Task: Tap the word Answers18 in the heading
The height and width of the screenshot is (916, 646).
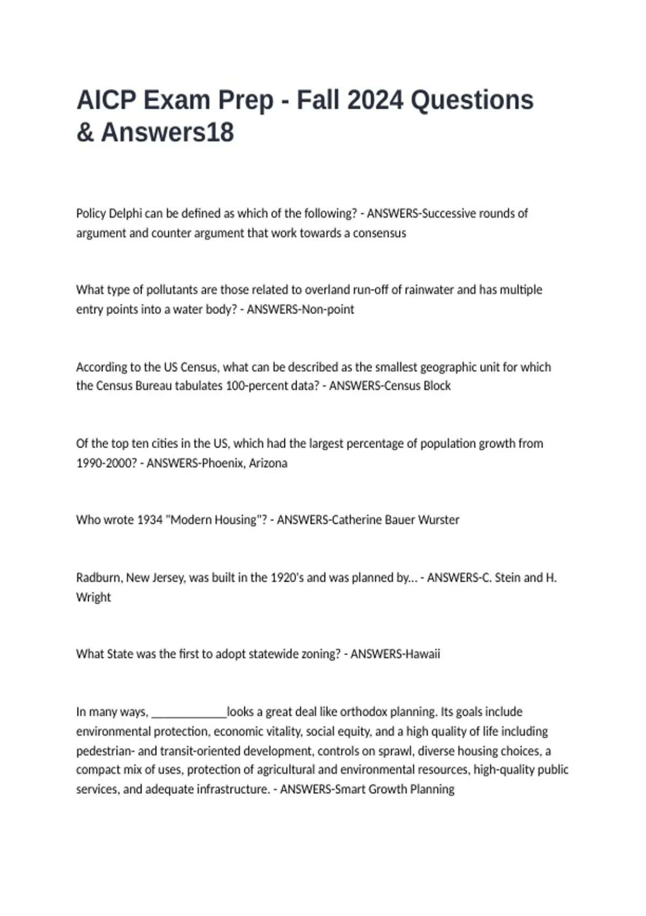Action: (167, 133)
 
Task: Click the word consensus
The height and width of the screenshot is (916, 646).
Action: (380, 233)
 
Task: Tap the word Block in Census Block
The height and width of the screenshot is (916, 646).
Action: (437, 386)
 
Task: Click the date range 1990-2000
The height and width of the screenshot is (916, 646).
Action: (107, 463)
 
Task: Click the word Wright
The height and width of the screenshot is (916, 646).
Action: (93, 598)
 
